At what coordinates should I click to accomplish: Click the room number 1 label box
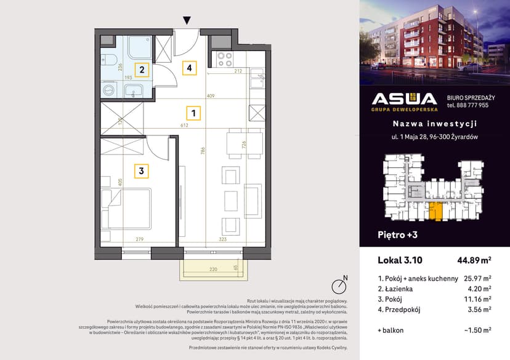pos(193,113)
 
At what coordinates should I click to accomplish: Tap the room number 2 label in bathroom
pos(142,70)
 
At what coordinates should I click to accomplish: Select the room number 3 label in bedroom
pos(142,171)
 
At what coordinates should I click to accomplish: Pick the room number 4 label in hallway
pos(190,68)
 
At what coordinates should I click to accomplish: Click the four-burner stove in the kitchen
pos(223,59)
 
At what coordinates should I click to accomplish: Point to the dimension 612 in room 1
pos(184,124)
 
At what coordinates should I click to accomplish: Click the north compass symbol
pos(338,286)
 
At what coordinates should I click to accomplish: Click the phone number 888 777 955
pos(467,105)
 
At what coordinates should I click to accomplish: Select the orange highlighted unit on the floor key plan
pos(435,210)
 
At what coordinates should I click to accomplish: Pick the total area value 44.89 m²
pos(472,260)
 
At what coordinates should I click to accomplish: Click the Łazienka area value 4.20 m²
pos(478,288)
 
